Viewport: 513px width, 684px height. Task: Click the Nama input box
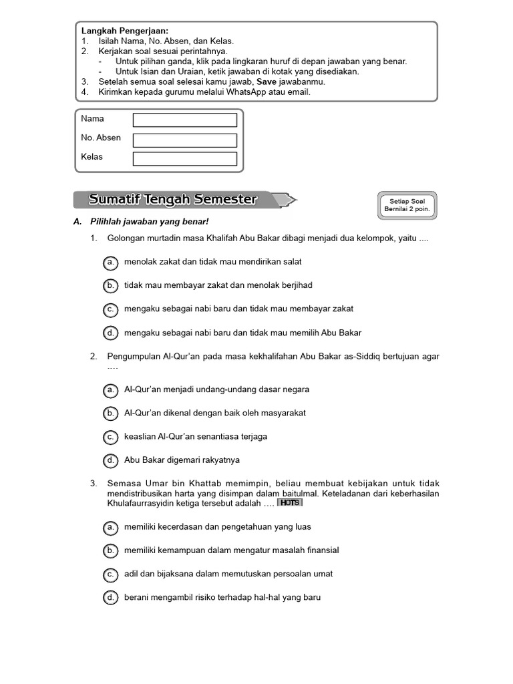point(185,120)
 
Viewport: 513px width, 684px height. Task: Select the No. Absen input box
point(185,140)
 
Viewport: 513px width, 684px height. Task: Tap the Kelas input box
point(185,159)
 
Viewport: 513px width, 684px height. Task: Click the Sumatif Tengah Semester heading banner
point(174,200)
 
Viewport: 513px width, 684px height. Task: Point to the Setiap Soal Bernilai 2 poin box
point(407,205)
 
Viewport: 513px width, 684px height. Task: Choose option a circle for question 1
point(111,262)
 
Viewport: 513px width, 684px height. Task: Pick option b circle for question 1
point(111,285)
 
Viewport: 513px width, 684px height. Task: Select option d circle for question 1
point(111,333)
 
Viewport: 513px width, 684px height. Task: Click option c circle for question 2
point(111,437)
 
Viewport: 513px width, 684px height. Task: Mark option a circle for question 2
point(111,389)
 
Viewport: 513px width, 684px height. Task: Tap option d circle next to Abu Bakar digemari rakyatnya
point(111,460)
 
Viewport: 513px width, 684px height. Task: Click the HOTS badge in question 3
point(289,502)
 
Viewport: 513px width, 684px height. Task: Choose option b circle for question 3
point(111,550)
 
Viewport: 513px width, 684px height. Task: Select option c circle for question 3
point(111,574)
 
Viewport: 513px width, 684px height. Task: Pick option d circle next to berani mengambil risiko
point(111,597)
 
